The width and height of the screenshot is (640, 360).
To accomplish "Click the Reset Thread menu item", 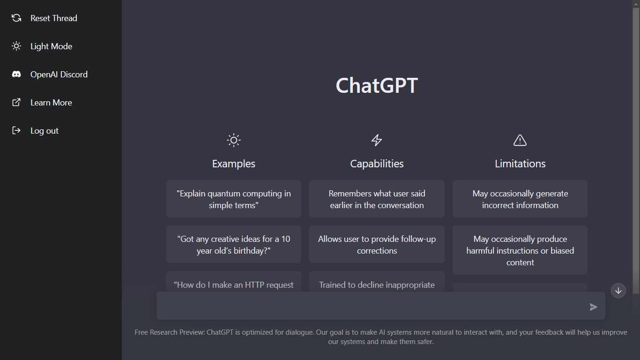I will coord(53,18).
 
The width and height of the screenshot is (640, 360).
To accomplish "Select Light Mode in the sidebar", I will coord(51,46).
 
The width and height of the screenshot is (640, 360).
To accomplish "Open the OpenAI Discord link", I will coord(59,75).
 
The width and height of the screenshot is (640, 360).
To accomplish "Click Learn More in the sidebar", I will coord(51,103).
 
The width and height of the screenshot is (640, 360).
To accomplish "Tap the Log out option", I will coord(44,131).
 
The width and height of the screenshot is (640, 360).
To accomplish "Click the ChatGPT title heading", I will coord(377,85).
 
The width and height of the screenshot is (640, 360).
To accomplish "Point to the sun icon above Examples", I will coord(233,140).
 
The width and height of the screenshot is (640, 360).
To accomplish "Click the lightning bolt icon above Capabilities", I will coord(377,140).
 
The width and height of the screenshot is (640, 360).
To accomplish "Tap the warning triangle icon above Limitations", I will coord(520,140).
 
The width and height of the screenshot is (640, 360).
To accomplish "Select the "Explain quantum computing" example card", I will coord(233,199).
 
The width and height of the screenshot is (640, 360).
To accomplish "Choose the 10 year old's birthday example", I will coord(233,245).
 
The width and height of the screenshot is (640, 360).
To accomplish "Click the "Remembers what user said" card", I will coord(377,199).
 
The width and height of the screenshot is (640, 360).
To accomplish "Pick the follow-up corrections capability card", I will coord(377,245).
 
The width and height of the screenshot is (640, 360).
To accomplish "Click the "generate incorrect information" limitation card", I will coord(520,199).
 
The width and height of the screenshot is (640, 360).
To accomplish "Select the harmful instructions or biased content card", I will coord(520,250).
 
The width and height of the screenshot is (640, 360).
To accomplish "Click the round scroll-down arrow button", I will coord(618,291).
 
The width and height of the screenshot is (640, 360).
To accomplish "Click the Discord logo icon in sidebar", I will coord(16,75).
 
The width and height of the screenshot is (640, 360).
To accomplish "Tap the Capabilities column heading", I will coord(377,164).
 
